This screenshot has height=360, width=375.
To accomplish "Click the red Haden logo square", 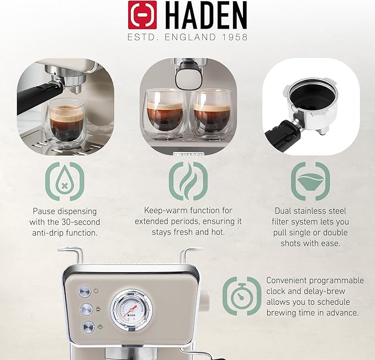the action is coord(142,15).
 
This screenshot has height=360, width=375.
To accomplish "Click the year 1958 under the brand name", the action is coord(234,37).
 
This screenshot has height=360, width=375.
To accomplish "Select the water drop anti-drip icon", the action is coord(65,182).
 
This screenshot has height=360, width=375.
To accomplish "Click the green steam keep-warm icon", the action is coord(188,181).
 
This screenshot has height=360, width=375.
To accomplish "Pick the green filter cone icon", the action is coord(310,181).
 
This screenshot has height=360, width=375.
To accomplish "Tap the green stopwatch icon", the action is coord(242,296).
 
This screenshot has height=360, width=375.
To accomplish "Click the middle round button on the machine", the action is coord(87,309).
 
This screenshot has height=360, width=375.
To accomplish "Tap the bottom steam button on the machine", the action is coord(88,327).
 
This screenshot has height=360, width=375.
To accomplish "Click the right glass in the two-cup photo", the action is coord(211,114).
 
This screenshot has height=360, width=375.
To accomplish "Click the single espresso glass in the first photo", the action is coord(65,124).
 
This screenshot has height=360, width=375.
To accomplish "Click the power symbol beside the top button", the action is coord(96,291).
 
